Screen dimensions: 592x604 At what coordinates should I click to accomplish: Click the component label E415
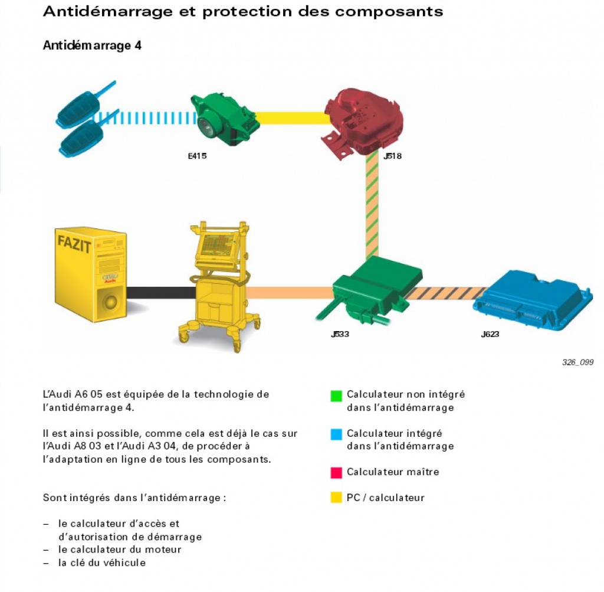click(x=197, y=157)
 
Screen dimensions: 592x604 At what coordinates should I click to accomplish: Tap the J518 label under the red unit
click(x=392, y=157)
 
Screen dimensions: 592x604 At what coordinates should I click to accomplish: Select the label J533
click(x=340, y=335)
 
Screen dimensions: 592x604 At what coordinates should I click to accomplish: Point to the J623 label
click(x=490, y=335)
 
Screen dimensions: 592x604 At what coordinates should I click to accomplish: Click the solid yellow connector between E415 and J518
click(x=292, y=118)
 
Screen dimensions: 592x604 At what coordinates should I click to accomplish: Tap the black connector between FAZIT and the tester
click(x=160, y=293)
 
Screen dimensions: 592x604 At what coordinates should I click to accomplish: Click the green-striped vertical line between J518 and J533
click(x=372, y=207)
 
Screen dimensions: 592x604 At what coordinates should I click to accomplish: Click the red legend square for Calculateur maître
click(x=336, y=473)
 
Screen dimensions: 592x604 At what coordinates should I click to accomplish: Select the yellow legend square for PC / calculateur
click(x=336, y=498)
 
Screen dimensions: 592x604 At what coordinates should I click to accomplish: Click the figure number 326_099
click(x=577, y=362)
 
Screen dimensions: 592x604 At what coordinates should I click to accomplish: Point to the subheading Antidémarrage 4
click(x=92, y=45)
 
